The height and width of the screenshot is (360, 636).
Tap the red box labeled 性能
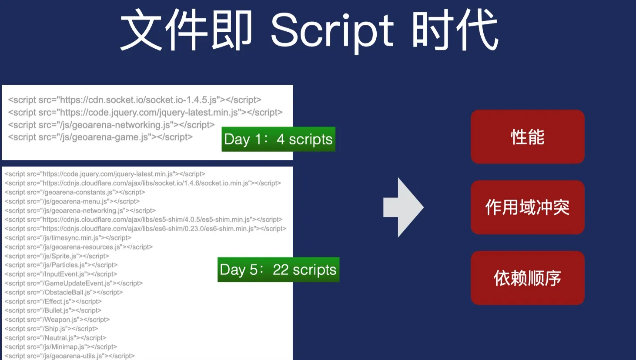click(x=528, y=137)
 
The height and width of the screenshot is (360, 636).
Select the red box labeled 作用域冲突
click(x=528, y=207)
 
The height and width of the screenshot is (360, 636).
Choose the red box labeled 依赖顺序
click(x=528, y=278)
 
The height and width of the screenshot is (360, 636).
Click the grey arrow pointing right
click(x=403, y=207)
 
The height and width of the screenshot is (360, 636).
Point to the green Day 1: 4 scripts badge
click(x=278, y=139)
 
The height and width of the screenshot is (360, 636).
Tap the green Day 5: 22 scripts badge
click(x=278, y=270)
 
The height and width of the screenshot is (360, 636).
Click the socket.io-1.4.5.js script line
click(x=134, y=100)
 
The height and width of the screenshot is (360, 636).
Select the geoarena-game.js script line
click(x=100, y=137)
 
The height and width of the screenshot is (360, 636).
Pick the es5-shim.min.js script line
click(x=144, y=220)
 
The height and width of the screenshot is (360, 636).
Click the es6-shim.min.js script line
click(x=145, y=229)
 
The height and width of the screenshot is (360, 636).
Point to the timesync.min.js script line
click(x=68, y=238)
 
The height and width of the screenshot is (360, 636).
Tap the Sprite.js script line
click(x=57, y=256)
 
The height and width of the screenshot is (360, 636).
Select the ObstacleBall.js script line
click(x=64, y=292)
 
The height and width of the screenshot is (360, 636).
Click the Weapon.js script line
click(x=57, y=320)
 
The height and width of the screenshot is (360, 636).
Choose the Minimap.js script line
click(x=61, y=347)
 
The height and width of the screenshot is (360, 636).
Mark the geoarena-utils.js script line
click(x=70, y=356)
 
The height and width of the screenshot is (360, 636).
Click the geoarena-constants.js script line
click(x=75, y=192)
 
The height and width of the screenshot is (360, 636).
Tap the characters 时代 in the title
click(x=455, y=30)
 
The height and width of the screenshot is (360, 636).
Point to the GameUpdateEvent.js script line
click(x=74, y=283)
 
